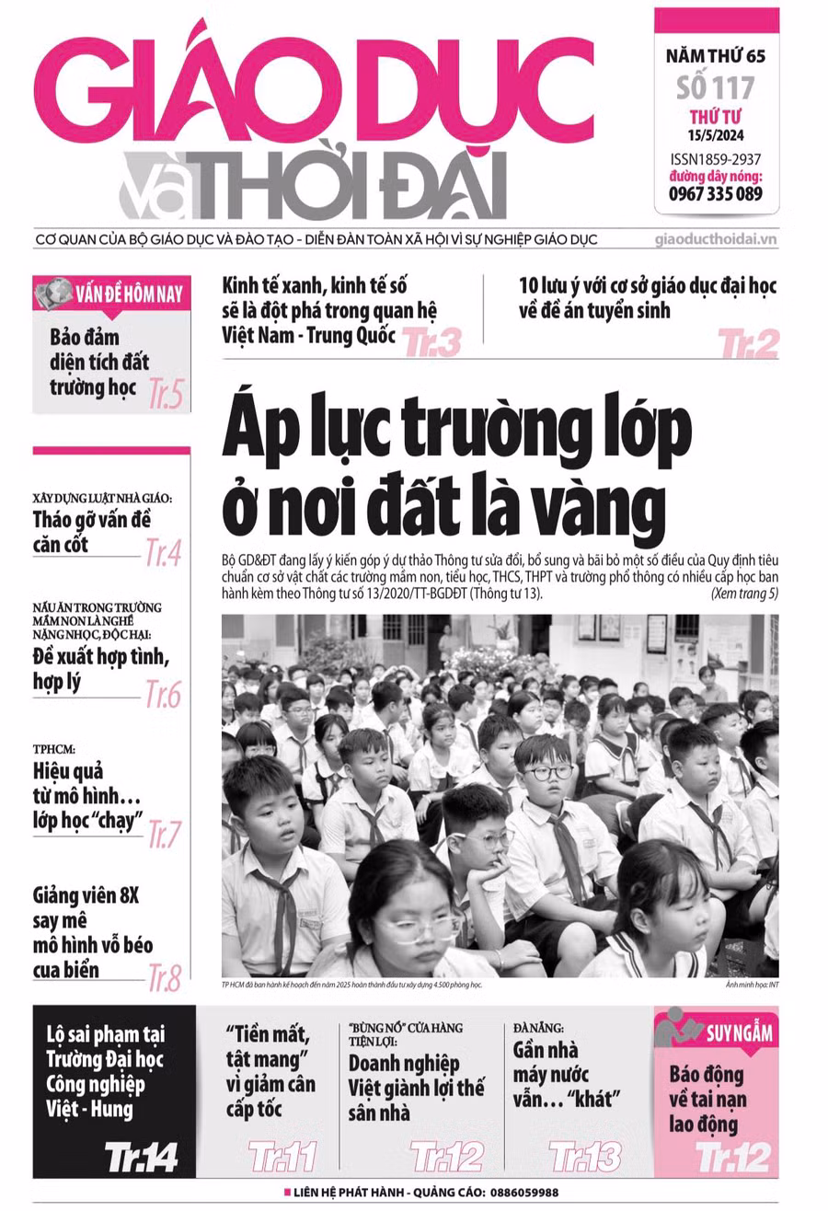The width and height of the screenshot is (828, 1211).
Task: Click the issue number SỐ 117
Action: (716, 87)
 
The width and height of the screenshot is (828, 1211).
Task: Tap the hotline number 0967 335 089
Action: (716, 193)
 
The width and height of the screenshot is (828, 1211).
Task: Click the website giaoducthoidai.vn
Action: (716, 239)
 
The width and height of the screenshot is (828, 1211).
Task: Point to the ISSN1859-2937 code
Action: (716, 158)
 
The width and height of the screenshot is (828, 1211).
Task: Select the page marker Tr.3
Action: (431, 341)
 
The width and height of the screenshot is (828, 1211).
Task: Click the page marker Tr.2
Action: (748, 342)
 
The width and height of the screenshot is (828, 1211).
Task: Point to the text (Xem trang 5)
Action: (744, 594)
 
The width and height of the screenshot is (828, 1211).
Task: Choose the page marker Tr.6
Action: (164, 695)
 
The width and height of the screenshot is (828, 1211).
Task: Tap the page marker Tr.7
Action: (164, 833)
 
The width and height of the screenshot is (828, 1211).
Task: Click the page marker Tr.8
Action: (164, 979)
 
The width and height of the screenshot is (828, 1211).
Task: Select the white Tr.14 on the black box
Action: (141, 1156)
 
